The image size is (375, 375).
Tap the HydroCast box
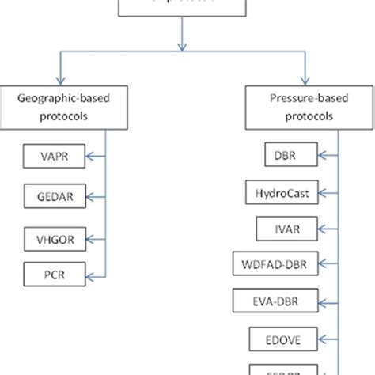[282, 193]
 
